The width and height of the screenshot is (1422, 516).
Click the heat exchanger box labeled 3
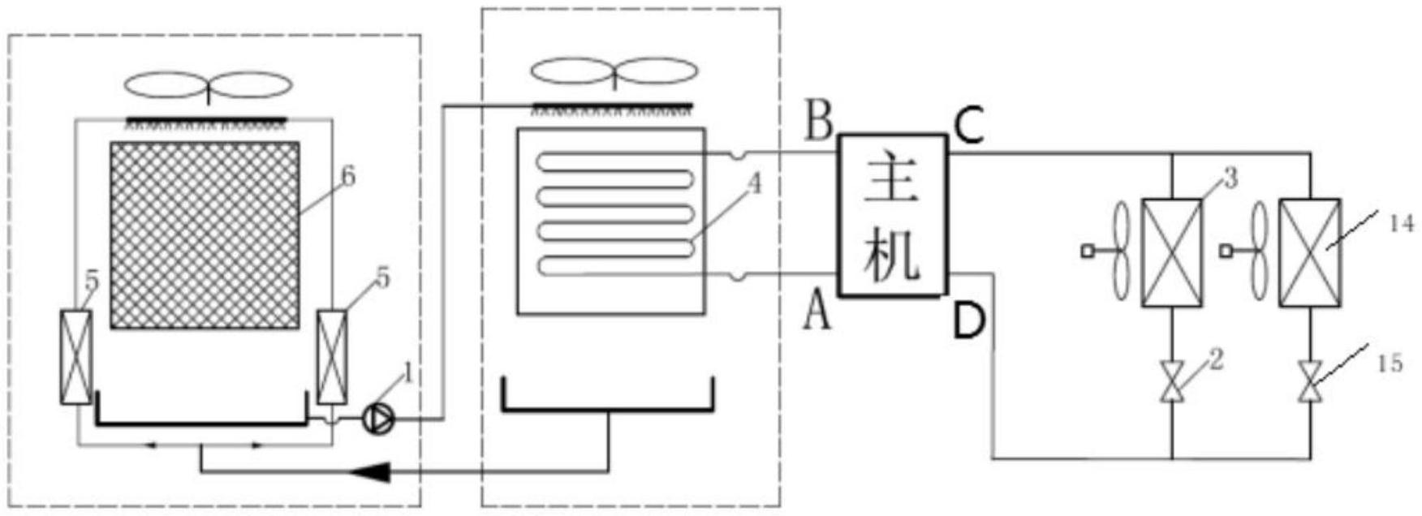point(1172,252)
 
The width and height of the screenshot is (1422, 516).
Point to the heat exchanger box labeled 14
point(1309,252)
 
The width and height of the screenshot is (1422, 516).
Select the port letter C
point(968,127)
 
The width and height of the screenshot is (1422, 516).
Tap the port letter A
point(817,313)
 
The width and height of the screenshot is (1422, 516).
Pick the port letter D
point(968,320)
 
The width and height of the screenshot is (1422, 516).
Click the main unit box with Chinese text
point(893,215)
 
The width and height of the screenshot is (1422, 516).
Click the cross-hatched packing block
point(205,234)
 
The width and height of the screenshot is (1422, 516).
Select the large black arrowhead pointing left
point(376,470)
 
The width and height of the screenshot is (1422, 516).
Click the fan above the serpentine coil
point(614,72)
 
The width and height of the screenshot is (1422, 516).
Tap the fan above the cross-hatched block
point(209,85)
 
